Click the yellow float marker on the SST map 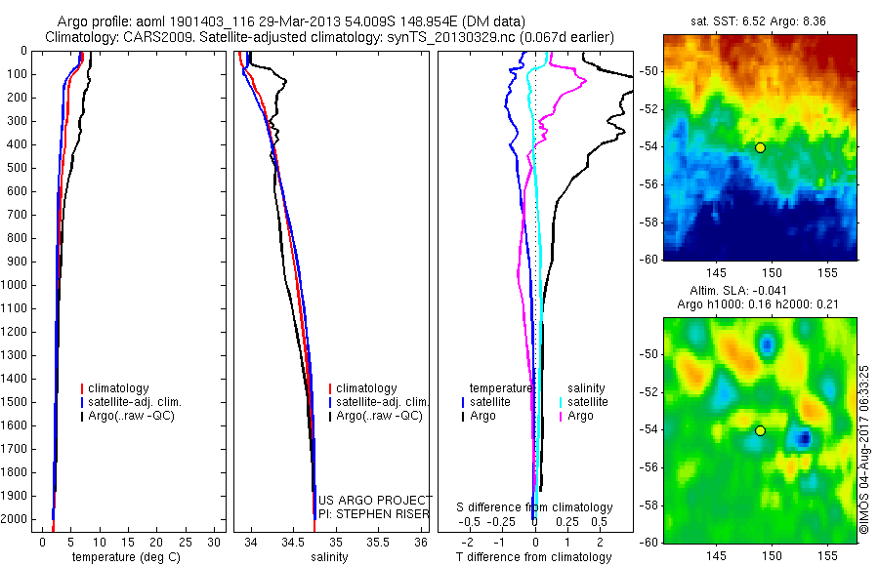pos(760,147)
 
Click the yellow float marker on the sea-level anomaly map pos(760,430)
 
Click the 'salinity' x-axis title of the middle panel pos(328,557)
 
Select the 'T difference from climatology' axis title pos(533,557)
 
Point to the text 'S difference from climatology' pos(534,507)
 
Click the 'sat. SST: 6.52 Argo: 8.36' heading pos(761,21)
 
